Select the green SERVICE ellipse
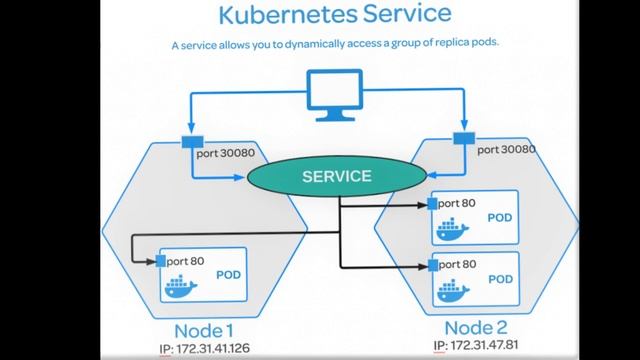pos(337,176)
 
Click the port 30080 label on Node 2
pos(505,149)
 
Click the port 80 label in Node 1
pos(186,261)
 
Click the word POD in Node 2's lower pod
pos(502,279)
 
